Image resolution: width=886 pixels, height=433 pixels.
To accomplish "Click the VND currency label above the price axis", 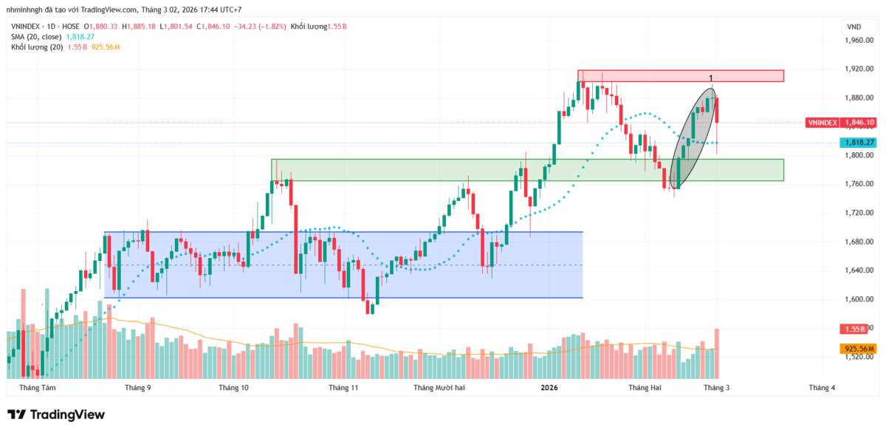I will click(x=854, y=27).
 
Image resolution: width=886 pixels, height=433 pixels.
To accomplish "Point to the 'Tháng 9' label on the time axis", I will click(x=138, y=387).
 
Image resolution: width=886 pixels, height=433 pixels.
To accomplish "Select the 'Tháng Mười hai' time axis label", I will click(x=439, y=387).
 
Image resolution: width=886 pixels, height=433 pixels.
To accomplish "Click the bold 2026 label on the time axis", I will click(x=549, y=387).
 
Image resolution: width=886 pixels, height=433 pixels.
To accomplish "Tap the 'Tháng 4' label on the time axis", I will click(x=822, y=387).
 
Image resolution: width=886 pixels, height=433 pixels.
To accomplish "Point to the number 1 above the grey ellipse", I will click(x=710, y=78).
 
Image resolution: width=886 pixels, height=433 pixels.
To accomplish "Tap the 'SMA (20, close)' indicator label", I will click(x=36, y=36).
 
